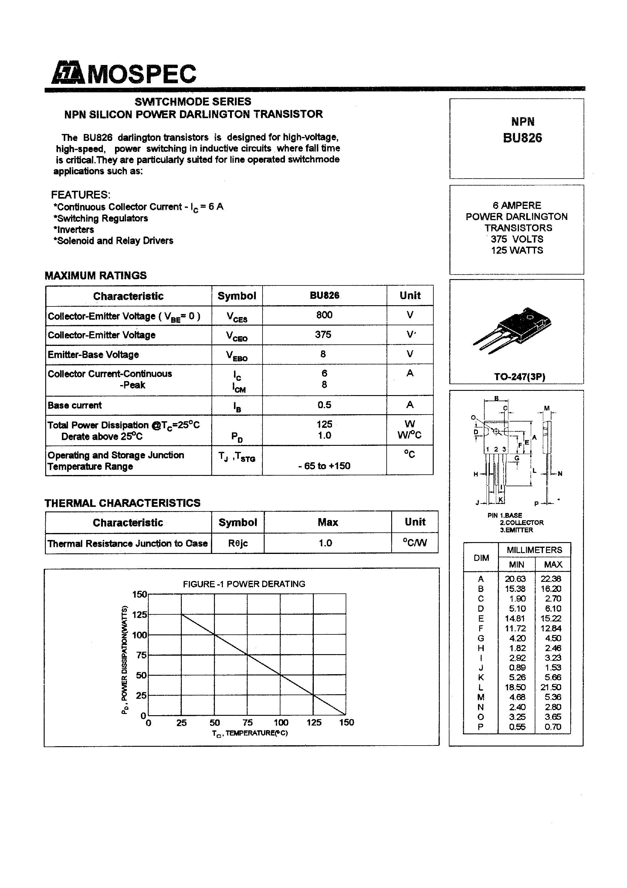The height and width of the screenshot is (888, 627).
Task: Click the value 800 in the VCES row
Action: click(324, 315)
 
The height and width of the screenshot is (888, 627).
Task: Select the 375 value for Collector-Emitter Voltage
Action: click(323, 335)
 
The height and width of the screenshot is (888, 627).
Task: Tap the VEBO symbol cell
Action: click(237, 355)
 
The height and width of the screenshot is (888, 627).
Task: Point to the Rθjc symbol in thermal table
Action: click(238, 543)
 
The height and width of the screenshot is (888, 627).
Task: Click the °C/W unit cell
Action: click(414, 543)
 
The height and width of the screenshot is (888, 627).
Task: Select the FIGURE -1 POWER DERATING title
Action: click(244, 584)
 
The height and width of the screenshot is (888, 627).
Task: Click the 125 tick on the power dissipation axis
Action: click(139, 615)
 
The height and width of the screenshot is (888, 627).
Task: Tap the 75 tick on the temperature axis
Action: click(247, 722)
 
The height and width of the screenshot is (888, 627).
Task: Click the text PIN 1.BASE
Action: click(504, 515)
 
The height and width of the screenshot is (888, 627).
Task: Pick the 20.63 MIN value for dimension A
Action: click(515, 579)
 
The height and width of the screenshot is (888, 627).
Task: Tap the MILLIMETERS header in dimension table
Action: click(534, 550)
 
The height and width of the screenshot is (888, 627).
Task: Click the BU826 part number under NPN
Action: click(522, 138)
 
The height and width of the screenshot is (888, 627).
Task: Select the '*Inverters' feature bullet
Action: click(74, 229)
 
